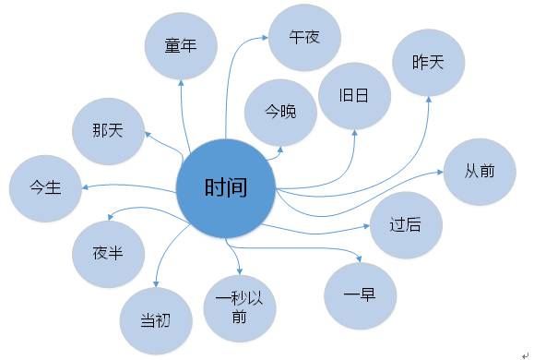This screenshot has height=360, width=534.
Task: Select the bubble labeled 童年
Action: (184, 45)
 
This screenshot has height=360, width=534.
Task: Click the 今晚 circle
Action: (280, 112)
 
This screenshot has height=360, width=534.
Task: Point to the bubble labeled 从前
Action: (481, 173)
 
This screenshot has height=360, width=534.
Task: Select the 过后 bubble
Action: (405, 224)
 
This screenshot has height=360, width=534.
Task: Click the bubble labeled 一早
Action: (362, 293)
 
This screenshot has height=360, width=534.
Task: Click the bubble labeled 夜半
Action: (107, 251)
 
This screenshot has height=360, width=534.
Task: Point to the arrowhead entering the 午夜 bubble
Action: (264, 39)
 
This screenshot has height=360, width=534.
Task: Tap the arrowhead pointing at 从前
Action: (441, 173)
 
